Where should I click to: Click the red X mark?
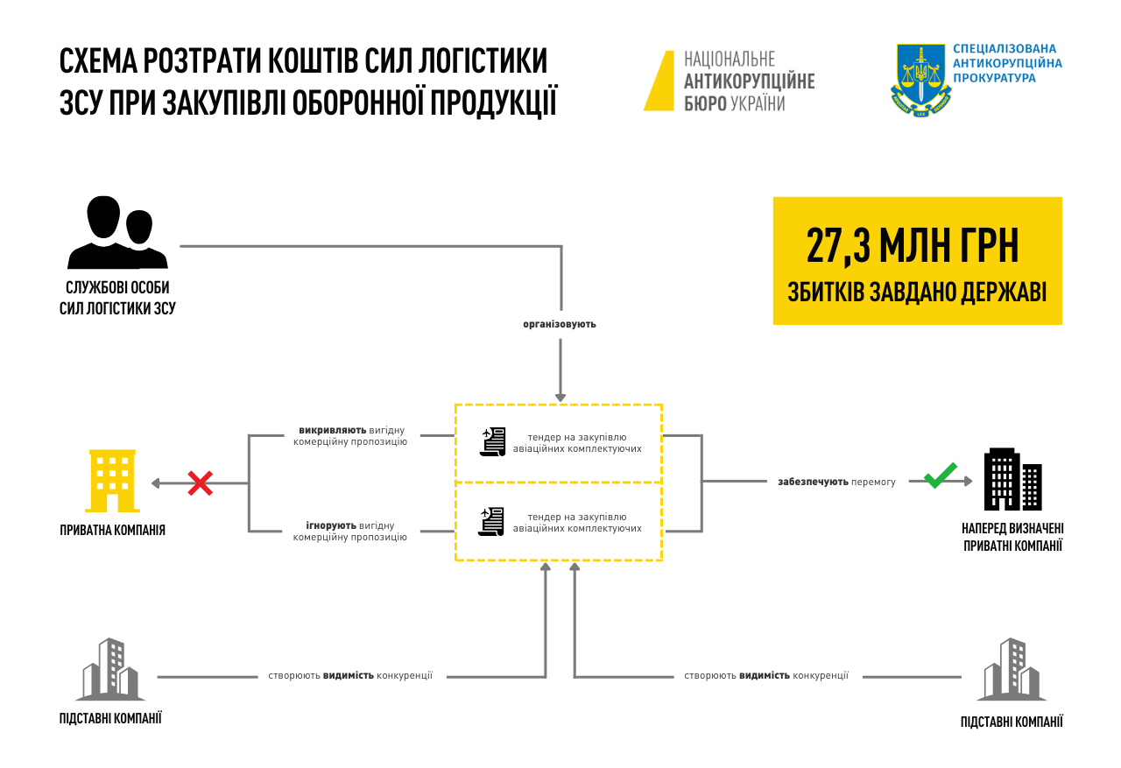pos(201,483)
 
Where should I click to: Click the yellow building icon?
pos(112,481)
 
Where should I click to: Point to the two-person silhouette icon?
pos(117,232)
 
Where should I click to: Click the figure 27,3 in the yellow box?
pos(837,246)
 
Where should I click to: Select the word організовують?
pos(560,324)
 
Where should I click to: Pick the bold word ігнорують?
pos(330,525)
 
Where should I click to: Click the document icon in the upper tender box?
pos(493,441)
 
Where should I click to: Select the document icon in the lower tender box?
pos(492,521)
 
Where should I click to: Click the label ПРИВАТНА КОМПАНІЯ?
pos(112,530)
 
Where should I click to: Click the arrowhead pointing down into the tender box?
pos(560,398)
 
